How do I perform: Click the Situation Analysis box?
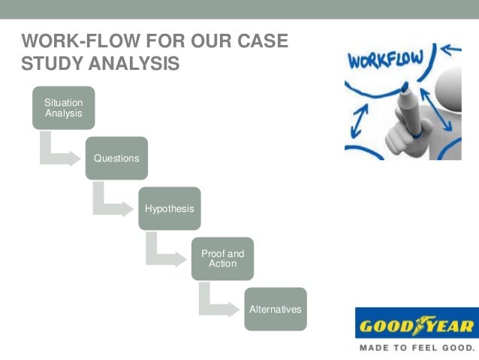pos(63,107)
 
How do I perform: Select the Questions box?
pos(116,158)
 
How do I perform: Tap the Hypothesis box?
pos(169,208)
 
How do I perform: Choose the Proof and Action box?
pos(222,259)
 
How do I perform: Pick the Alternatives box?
pos(275,309)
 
